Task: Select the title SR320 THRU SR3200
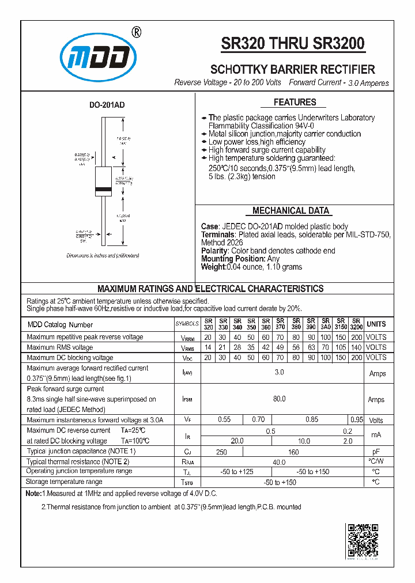pyautogui.click(x=293, y=44)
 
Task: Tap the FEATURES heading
pyautogui.click(x=295, y=103)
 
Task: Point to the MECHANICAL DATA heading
pyautogui.click(x=290, y=211)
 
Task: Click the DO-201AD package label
pyautogui.click(x=107, y=105)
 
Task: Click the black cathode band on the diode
pyautogui.click(x=103, y=190)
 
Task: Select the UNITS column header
pyautogui.click(x=376, y=324)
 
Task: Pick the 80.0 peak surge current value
pyautogui.click(x=279, y=399)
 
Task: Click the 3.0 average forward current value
pyautogui.click(x=279, y=373)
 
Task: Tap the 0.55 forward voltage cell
pyautogui.click(x=224, y=420)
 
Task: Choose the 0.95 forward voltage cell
pyautogui.click(x=356, y=420)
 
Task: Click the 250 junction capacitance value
pyautogui.click(x=221, y=452)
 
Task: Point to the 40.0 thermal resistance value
pyautogui.click(x=279, y=462)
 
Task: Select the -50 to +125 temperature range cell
pyautogui.click(x=236, y=472)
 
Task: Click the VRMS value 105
pyautogui.click(x=341, y=347)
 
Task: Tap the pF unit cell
pyautogui.click(x=376, y=452)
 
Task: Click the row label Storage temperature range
pyautogui.click(x=65, y=482)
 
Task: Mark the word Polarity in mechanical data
pyautogui.click(x=214, y=251)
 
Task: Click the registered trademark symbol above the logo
pyautogui.click(x=136, y=32)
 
